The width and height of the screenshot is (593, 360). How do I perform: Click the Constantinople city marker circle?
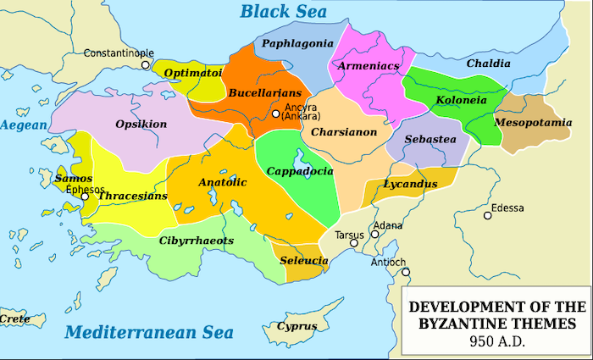146,64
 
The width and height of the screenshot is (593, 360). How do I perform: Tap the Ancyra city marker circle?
275,114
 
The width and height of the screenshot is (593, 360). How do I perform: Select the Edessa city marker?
488,215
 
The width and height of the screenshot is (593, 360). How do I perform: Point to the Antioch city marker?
406,272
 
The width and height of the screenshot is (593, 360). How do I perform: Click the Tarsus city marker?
355,243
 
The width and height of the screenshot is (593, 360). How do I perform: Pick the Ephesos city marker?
85,196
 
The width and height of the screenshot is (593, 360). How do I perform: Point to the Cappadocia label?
299,171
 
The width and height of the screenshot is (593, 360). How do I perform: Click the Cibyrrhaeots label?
196,241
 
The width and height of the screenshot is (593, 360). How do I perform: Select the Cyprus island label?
296,326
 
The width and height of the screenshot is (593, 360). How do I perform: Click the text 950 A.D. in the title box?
497,341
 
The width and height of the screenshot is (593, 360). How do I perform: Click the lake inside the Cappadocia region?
301,158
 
